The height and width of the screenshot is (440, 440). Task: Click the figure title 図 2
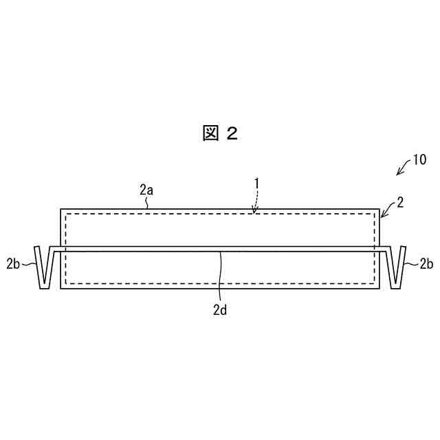pos(220,133)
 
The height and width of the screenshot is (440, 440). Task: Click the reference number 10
pos(419,160)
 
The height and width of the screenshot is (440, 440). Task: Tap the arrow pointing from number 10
pos(403,168)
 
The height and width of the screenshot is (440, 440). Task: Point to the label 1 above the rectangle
pos(256,184)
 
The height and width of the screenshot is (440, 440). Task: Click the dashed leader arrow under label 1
pos(255,203)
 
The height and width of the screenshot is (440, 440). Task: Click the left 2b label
pos(13,263)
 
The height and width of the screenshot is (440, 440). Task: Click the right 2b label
pos(426,263)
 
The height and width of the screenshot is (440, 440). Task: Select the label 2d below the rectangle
pos(219,309)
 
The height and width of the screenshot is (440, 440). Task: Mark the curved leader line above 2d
pos(220,275)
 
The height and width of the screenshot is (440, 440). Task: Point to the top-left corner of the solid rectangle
pos(60,208)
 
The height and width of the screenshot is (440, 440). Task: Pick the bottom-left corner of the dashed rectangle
pos(66,283)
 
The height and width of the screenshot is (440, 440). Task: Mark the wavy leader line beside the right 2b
pos(410,263)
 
